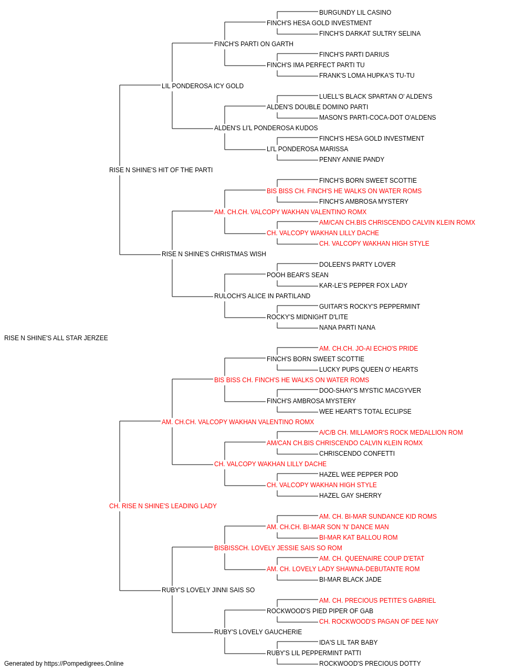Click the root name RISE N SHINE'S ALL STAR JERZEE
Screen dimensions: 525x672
56,338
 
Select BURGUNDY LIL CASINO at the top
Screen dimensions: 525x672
355,13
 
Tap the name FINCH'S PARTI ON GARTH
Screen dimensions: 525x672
254,44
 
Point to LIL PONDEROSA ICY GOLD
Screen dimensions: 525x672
203,86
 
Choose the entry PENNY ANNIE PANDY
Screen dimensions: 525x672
352,159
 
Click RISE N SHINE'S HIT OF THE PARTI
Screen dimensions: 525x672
161,170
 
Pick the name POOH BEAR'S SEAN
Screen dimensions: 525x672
298,275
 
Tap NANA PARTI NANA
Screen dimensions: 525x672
347,328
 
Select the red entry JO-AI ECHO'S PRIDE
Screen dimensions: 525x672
368,349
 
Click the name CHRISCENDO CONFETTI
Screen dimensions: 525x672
357,454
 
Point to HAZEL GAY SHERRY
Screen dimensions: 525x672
350,496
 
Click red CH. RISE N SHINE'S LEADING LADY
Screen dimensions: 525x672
163,506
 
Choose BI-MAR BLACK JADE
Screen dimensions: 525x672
350,580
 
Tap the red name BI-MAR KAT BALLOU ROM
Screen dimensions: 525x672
358,538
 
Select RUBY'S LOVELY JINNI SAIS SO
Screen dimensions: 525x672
208,590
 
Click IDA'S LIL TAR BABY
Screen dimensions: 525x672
348,643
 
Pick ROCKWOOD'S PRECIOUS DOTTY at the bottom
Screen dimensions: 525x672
370,664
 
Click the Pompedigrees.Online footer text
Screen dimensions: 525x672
64,664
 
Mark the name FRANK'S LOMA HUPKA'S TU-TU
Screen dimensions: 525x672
366,76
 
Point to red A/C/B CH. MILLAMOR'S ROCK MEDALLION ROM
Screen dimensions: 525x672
391,432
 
